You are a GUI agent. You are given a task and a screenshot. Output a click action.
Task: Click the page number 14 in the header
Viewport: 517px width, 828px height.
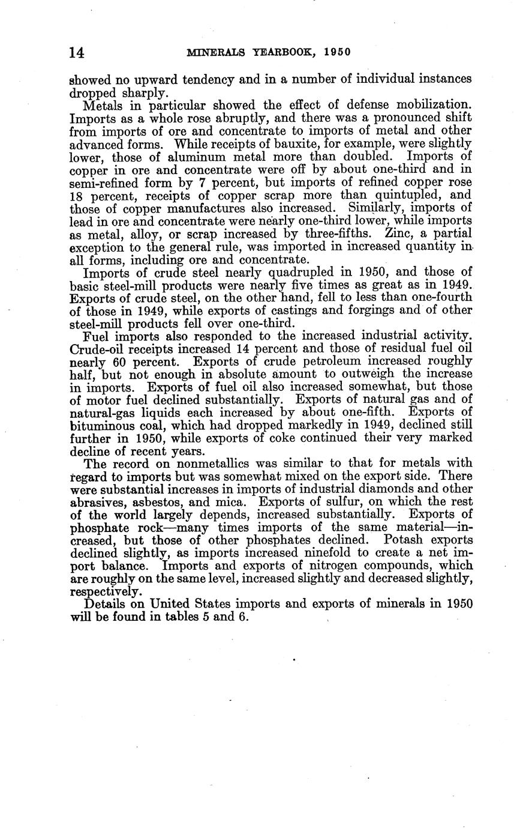(77, 53)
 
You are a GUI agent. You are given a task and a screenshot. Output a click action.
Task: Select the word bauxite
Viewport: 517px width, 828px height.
(314, 144)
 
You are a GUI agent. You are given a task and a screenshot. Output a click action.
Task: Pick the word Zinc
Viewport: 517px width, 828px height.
(381, 233)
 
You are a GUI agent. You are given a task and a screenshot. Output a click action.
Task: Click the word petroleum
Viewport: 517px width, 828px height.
(306, 362)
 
